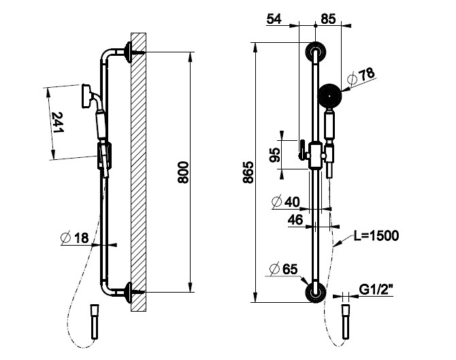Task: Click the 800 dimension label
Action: (182, 173)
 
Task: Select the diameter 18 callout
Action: (76, 238)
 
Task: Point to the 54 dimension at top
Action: (274, 18)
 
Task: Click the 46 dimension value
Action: (295, 219)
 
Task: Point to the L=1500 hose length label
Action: (376, 236)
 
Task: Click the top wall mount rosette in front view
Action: (315, 52)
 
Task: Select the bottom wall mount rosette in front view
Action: (315, 292)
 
